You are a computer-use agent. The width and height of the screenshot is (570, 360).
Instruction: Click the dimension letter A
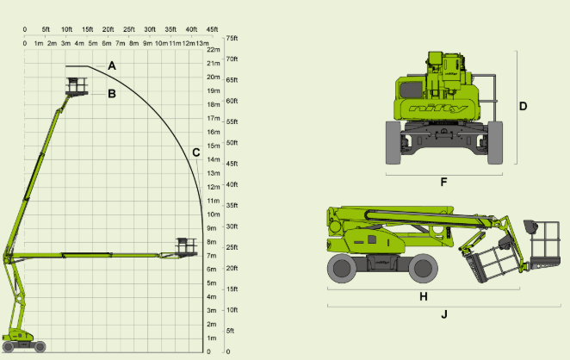(x=112, y=66)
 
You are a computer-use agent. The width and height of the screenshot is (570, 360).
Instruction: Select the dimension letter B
(x=112, y=94)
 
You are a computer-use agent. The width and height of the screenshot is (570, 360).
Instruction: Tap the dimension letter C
(x=196, y=152)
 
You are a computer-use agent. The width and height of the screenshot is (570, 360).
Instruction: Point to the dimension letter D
(x=523, y=107)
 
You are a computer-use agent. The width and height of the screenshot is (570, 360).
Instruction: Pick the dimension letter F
(x=443, y=182)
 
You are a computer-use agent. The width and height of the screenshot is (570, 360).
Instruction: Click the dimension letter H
(x=423, y=295)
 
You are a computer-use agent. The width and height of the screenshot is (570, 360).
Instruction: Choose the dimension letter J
(x=444, y=314)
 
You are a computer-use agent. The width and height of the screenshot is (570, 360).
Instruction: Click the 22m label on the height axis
(x=214, y=50)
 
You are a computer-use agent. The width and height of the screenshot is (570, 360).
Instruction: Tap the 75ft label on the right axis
(x=231, y=39)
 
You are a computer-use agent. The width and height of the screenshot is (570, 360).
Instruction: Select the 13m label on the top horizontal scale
(x=201, y=42)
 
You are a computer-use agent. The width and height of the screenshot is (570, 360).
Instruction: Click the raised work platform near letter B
(x=77, y=85)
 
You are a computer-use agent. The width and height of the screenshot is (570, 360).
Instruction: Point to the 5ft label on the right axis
(x=229, y=331)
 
